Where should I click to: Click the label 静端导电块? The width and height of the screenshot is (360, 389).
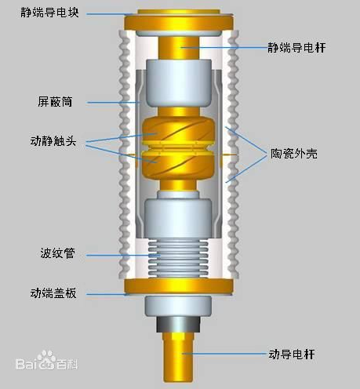coord(49,13)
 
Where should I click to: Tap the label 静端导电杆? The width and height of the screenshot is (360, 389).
coord(296,48)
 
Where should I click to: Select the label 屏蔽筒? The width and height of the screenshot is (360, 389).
coord(55,101)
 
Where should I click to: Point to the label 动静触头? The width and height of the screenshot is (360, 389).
coord(53,141)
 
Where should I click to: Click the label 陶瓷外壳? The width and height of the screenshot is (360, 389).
coord(294,154)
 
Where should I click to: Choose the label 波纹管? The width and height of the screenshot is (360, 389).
coord(57,253)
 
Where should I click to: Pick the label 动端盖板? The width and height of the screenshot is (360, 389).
coord(53,293)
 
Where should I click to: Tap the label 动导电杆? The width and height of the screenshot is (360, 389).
coord(292,354)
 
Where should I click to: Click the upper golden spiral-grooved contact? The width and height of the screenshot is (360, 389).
coord(178,130)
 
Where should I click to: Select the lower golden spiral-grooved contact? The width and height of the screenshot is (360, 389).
coord(178,165)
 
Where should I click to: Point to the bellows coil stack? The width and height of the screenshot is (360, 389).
coord(178,258)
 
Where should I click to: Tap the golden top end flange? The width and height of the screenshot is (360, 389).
coord(179,21)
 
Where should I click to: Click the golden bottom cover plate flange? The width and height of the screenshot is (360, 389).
coord(179,287)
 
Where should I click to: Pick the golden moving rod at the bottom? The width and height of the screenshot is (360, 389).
coord(179,357)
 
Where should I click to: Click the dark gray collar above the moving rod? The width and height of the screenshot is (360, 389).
coord(179,325)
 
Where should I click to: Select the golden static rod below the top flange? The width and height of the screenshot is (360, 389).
coord(179,48)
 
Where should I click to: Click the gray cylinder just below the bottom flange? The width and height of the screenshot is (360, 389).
coord(178,306)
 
